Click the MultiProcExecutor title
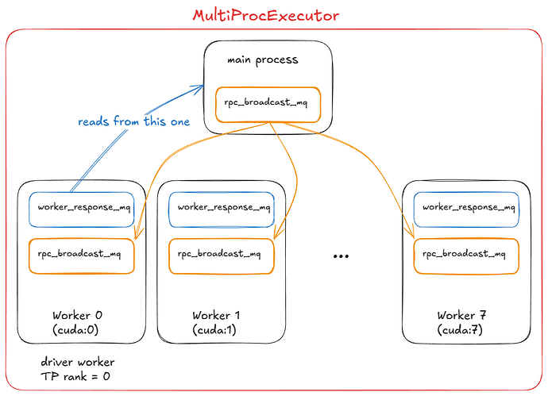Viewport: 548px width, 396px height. click(265, 15)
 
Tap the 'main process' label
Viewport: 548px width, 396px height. click(263, 60)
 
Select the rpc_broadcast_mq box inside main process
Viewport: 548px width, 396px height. click(268, 105)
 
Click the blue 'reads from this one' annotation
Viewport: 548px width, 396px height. click(134, 121)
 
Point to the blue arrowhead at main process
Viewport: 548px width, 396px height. click(199, 87)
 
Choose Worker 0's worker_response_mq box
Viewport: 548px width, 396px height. click(82, 210)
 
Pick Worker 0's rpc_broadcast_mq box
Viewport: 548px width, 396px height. click(82, 256)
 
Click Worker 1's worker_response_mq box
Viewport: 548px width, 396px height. click(222, 210)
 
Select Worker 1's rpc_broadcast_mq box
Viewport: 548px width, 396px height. click(222, 256)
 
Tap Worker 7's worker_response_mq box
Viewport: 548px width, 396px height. click(466, 210)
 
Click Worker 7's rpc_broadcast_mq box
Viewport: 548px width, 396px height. click(466, 256)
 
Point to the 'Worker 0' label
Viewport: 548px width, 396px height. click(77, 315)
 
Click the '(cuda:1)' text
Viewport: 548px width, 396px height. click(214, 330)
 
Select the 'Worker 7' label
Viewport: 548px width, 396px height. click(461, 315)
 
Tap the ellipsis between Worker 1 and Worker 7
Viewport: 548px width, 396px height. click(341, 256)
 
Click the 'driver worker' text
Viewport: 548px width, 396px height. click(78, 362)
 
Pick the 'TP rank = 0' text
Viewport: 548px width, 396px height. click(75, 376)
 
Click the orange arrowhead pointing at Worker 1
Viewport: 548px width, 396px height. click(279, 233)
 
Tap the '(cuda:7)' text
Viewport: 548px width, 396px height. click(460, 330)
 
